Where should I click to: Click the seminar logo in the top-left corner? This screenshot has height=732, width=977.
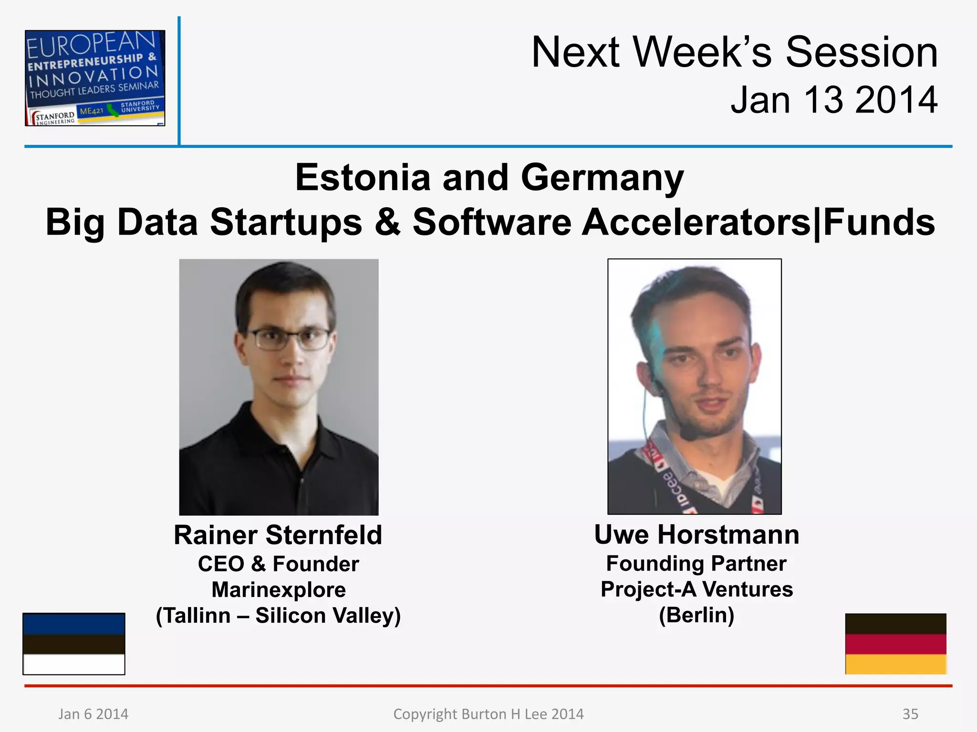click(x=95, y=78)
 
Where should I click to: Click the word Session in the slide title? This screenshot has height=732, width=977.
click(x=862, y=52)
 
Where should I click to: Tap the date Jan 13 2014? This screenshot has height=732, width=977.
click(x=834, y=100)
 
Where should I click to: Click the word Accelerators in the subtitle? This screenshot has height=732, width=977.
click(x=696, y=223)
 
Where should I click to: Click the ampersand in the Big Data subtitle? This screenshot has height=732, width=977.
click(x=387, y=223)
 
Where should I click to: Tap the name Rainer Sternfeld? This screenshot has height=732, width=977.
click(x=278, y=535)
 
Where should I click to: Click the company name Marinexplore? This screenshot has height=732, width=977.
click(x=279, y=590)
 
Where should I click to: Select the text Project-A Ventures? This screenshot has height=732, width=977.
click(x=696, y=589)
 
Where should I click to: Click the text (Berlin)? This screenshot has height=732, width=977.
click(x=696, y=615)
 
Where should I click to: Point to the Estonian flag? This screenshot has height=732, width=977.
click(x=74, y=644)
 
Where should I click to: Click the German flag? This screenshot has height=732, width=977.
click(x=895, y=644)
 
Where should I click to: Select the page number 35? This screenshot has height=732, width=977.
click(x=910, y=714)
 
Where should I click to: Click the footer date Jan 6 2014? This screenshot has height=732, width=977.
click(x=94, y=714)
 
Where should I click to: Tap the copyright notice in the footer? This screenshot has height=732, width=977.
click(x=488, y=714)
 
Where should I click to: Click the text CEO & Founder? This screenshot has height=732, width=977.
click(x=278, y=564)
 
